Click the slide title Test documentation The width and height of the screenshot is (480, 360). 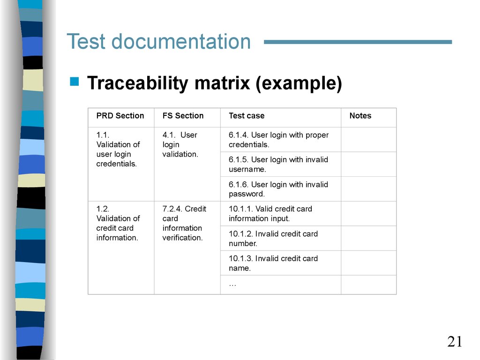(158, 42)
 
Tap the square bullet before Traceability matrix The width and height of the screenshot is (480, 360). (74, 82)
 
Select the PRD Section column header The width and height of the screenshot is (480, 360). (120, 116)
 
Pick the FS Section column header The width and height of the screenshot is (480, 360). (183, 116)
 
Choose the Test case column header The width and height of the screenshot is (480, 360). (247, 116)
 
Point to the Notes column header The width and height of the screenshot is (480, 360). (360, 116)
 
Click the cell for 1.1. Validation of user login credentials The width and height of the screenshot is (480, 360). (118, 150)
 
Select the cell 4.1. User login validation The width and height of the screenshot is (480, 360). (180, 144)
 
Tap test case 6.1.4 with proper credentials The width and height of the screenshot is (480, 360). (278, 140)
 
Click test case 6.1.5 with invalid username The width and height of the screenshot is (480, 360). (278, 165)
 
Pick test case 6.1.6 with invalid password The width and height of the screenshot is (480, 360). (278, 189)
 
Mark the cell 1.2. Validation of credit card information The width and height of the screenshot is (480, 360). (118, 223)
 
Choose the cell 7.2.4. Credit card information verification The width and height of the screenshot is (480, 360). (184, 223)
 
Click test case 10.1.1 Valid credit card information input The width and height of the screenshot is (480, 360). (270, 214)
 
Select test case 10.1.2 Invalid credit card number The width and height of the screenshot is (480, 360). (273, 239)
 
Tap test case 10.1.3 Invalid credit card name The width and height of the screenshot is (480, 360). (273, 263)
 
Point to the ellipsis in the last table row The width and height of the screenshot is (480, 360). (232, 284)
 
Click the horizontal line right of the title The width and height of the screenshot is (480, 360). (358, 42)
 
